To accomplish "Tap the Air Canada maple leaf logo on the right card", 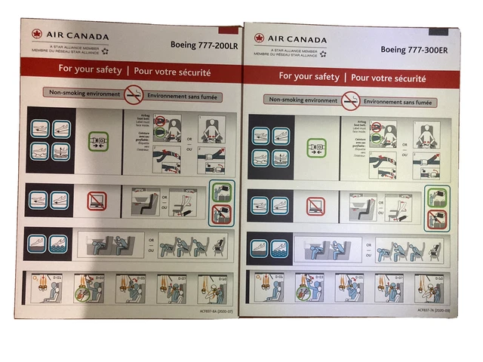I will click(260, 38).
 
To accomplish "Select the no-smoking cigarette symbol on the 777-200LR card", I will click(134, 94).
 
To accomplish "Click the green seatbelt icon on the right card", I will click(316, 148).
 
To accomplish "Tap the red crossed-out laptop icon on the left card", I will click(97, 201).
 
